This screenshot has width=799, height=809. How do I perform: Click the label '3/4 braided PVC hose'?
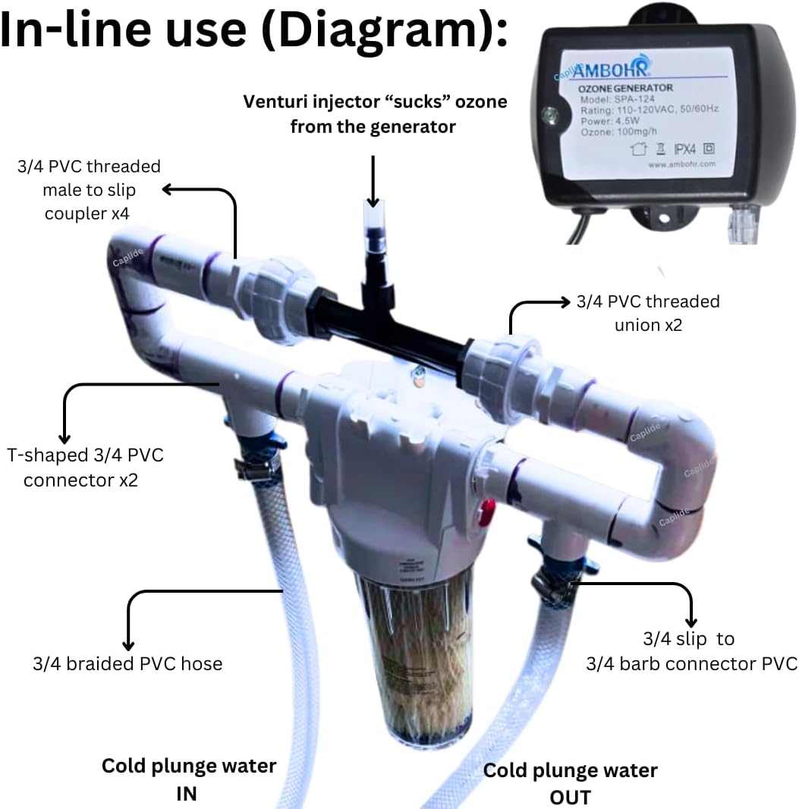(127, 664)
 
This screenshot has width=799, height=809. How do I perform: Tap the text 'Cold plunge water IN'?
(189, 778)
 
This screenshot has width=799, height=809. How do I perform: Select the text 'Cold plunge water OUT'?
(571, 783)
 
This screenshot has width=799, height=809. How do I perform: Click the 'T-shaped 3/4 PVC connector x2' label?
(85, 467)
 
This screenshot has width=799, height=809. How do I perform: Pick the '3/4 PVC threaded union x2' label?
(647, 313)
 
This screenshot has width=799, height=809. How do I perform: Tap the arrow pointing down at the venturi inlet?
(373, 182)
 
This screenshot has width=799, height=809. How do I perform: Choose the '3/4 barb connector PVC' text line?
(691, 664)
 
